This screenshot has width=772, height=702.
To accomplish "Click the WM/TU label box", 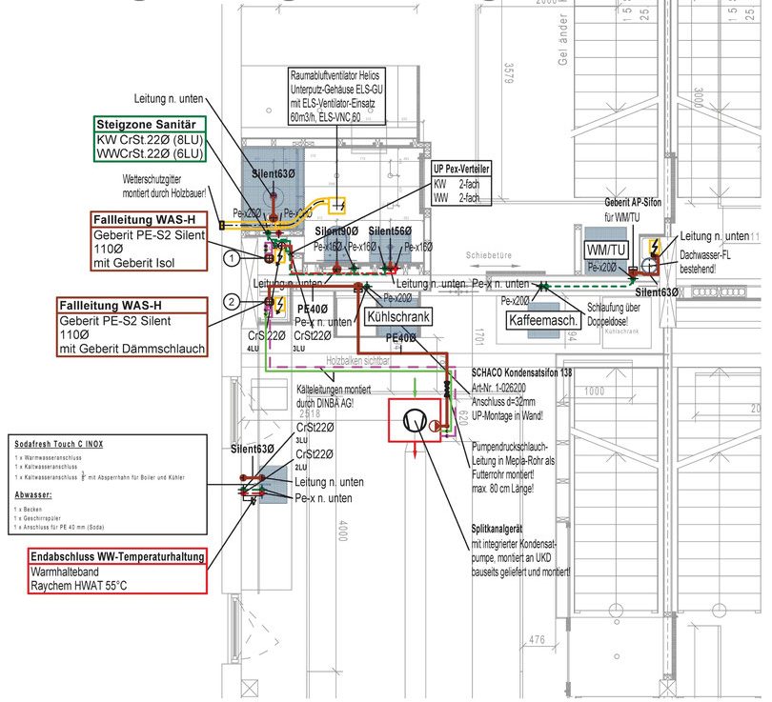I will (x=607, y=249).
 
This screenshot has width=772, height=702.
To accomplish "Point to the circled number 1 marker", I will (x=230, y=257).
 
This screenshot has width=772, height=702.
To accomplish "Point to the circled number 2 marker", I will (x=230, y=302).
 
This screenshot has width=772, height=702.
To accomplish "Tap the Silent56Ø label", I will (x=390, y=231).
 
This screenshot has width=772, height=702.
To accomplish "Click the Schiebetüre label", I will (x=490, y=256).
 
